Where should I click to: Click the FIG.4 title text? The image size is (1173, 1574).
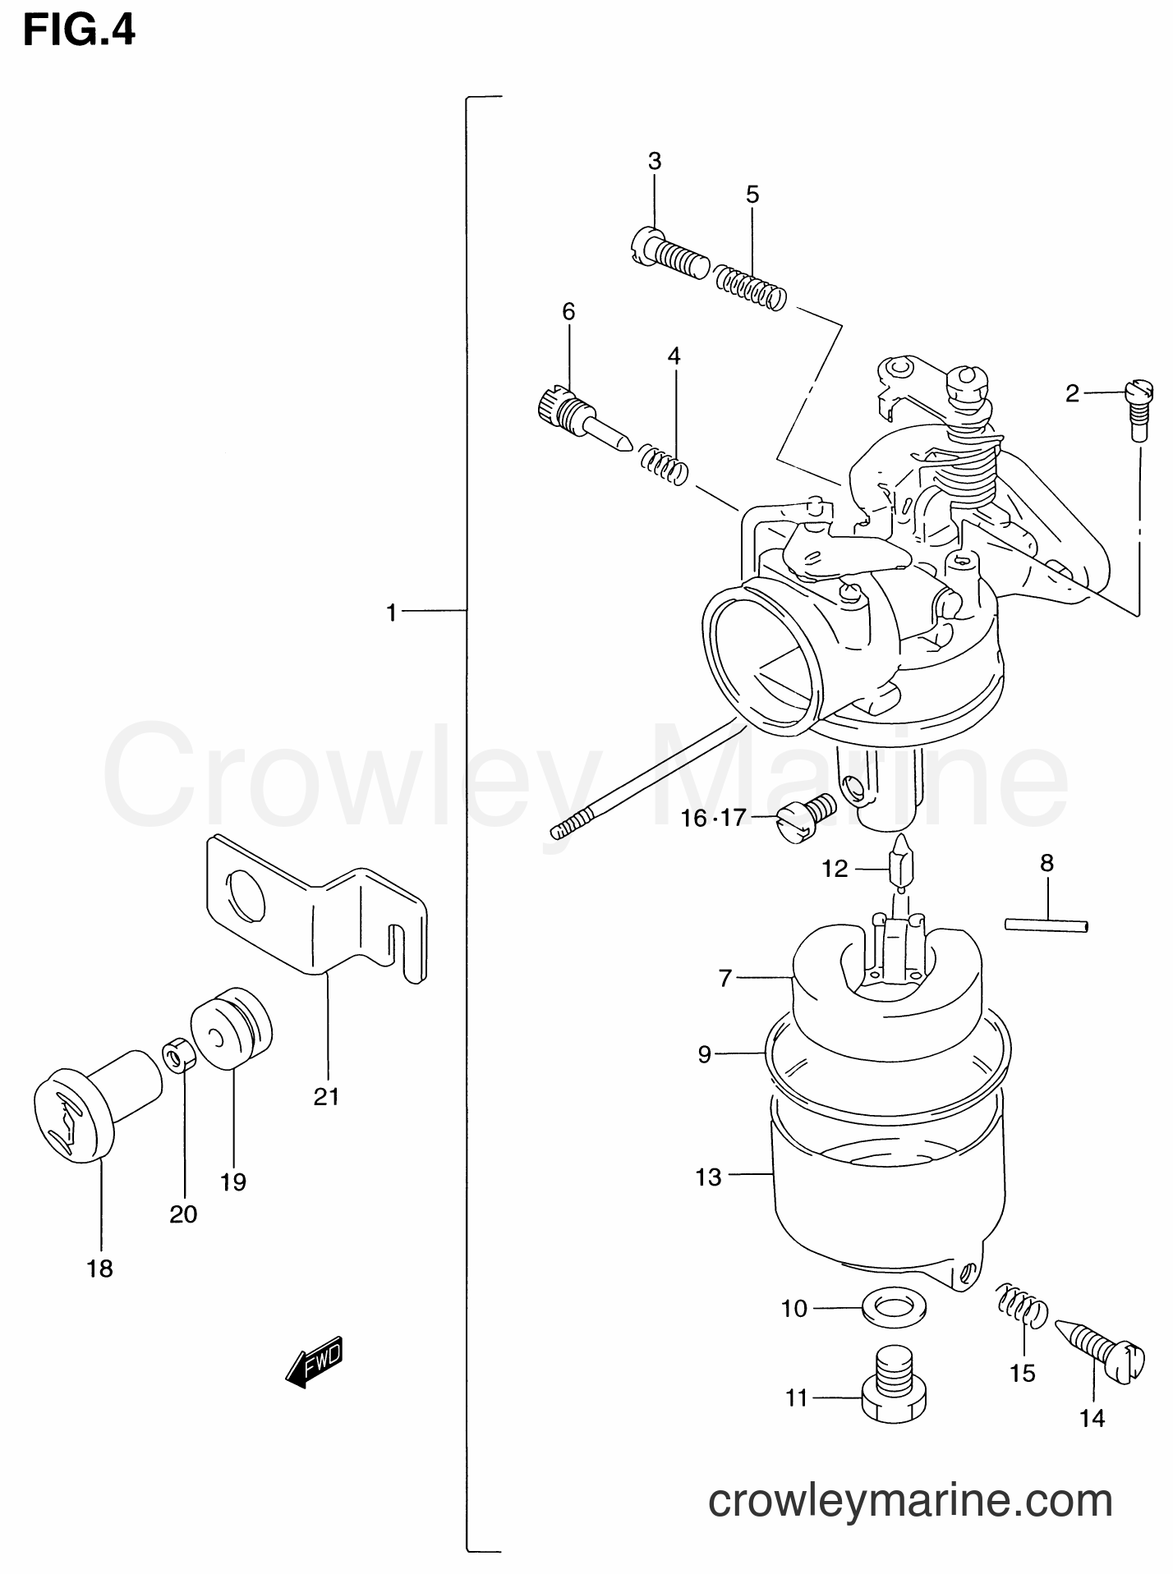[x=79, y=32]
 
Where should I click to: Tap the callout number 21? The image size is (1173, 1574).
[x=326, y=1096]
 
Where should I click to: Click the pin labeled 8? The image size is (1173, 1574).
[x=1046, y=925]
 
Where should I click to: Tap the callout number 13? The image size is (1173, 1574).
[x=708, y=1177]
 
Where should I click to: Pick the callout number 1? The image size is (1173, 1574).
[x=392, y=612]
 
